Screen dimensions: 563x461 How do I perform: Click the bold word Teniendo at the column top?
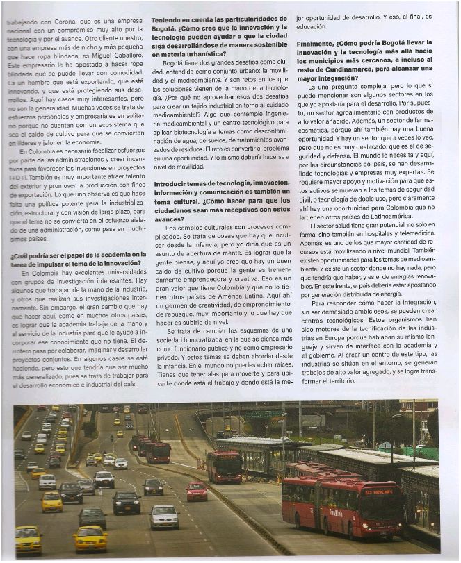pos(168,19)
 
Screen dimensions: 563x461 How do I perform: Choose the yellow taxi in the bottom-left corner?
pos(28,538)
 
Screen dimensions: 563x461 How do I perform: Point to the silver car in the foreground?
pos(164,516)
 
